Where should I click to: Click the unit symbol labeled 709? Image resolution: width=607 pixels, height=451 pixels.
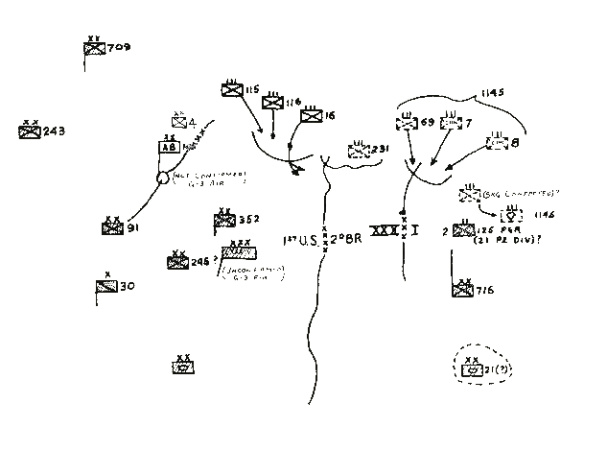[94, 51]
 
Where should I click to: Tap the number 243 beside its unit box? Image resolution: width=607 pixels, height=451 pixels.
[55, 132]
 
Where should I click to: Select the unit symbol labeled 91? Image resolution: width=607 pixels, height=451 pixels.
[112, 227]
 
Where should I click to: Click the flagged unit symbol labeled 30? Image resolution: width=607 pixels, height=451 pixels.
[105, 286]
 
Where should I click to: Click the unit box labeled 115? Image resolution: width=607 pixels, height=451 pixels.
[231, 90]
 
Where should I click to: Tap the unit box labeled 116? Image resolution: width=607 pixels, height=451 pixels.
[273, 104]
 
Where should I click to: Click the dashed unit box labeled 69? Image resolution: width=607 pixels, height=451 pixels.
[406, 124]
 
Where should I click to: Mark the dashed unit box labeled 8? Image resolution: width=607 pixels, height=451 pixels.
[497, 143]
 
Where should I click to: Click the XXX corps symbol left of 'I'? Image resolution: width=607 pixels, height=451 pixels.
[385, 232]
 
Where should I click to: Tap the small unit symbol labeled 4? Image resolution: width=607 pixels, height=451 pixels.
[178, 122]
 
